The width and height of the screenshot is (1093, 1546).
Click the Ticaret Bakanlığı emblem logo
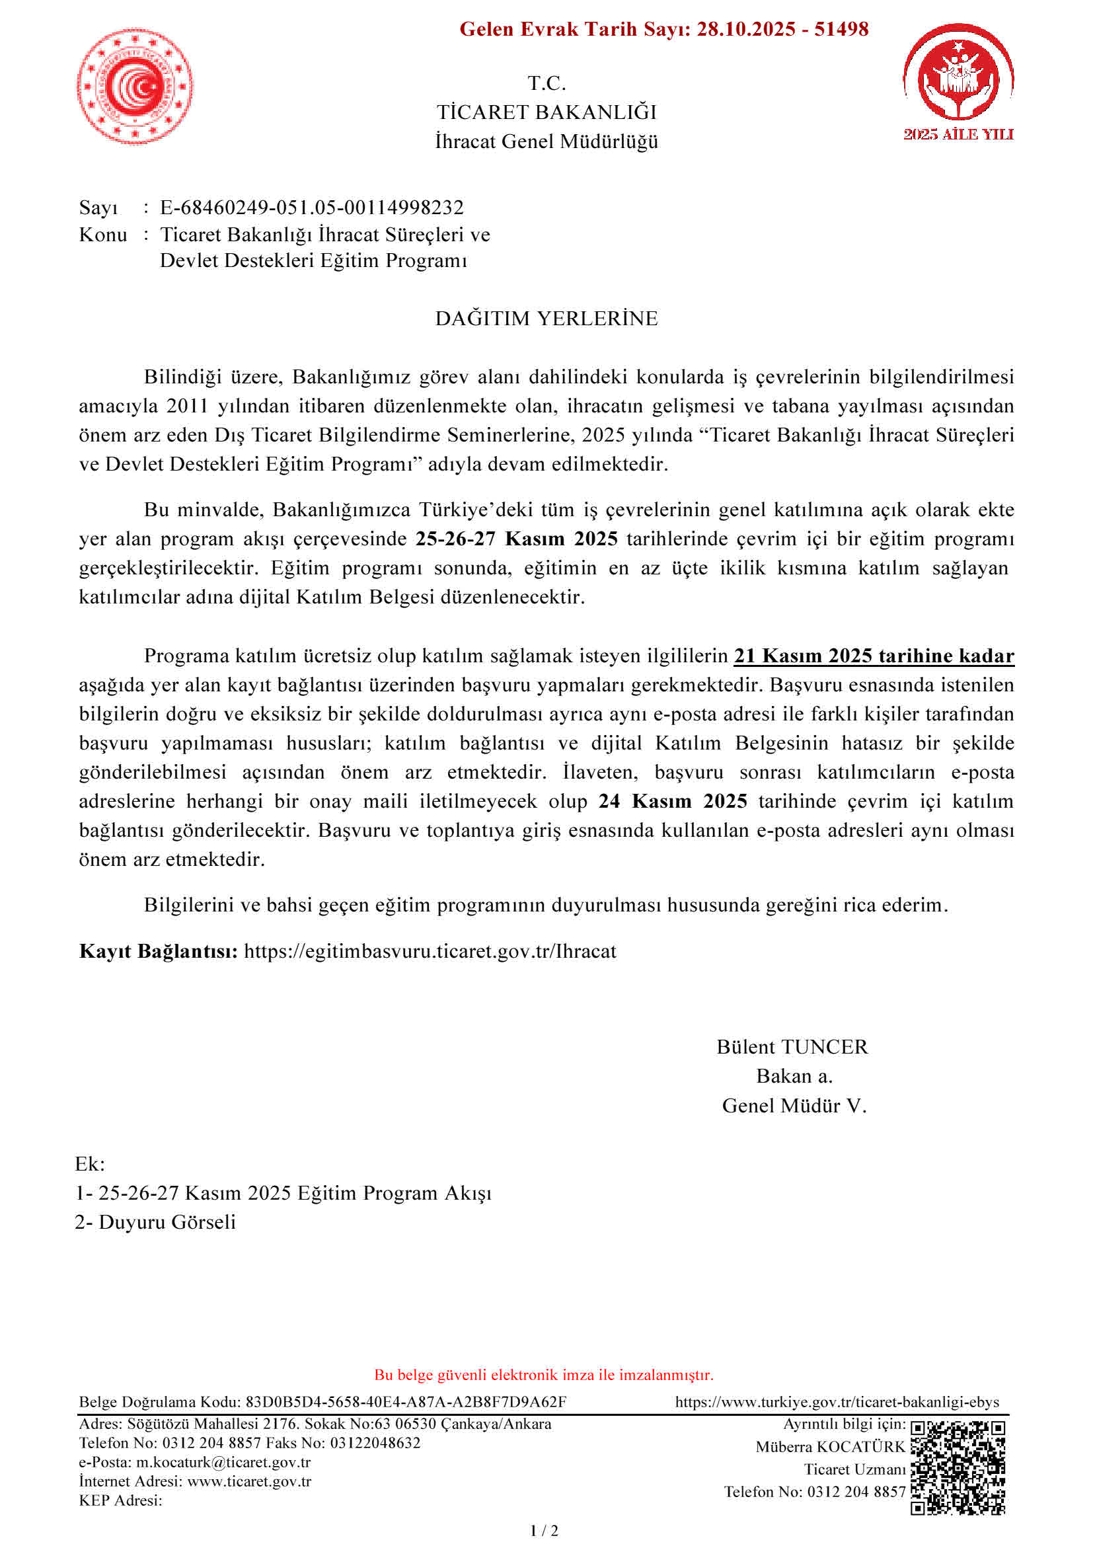pyautogui.click(x=135, y=85)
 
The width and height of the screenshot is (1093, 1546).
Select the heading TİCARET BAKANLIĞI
pyautogui.click(x=546, y=112)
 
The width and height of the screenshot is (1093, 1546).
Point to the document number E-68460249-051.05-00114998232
pyautogui.click(x=312, y=208)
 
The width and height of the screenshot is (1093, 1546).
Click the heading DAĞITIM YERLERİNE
pyautogui.click(x=546, y=319)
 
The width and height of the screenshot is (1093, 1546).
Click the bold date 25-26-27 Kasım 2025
pyautogui.click(x=516, y=539)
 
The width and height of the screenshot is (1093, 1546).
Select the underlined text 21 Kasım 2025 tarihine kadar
pyautogui.click(x=874, y=656)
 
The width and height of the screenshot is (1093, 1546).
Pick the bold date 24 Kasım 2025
pyautogui.click(x=672, y=801)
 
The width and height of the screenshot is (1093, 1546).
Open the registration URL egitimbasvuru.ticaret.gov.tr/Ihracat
pyautogui.click(x=430, y=951)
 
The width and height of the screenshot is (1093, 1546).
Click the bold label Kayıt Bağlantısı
pyautogui.click(x=158, y=951)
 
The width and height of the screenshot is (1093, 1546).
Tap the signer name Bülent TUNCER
pyautogui.click(x=792, y=1047)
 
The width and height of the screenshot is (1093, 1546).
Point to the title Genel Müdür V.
pyautogui.click(x=794, y=1106)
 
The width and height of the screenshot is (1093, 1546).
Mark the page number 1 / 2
pyautogui.click(x=545, y=1531)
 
